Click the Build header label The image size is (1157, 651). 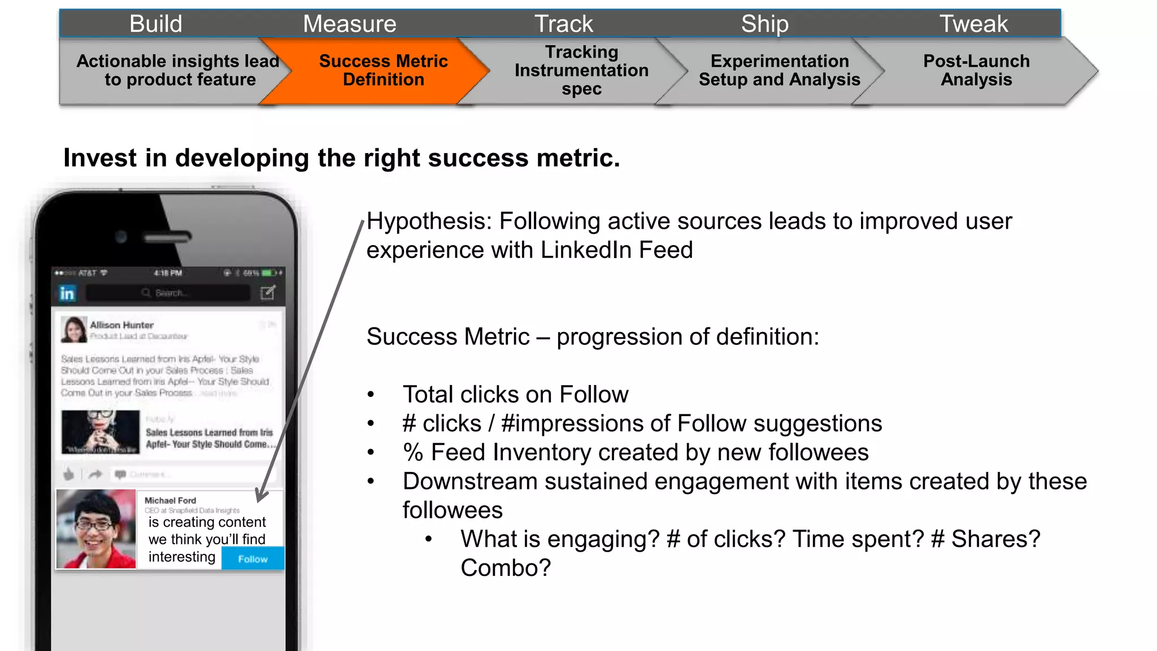156,24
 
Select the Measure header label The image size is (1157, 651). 349,24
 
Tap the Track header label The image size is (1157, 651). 564,24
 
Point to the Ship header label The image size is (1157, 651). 764,24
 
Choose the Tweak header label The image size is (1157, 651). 973,24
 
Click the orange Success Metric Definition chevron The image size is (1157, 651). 383,71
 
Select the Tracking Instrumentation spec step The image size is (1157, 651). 581,71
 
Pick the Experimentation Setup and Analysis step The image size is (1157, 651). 779,71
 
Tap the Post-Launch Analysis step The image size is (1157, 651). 976,71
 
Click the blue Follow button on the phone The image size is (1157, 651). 253,559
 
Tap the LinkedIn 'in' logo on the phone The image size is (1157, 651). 67,293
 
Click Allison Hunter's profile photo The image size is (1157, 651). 74,330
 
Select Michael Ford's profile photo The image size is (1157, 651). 96,528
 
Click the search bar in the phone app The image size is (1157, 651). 168,293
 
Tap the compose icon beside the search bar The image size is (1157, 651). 268,292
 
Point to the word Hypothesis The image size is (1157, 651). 429,221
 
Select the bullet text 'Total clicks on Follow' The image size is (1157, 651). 515,395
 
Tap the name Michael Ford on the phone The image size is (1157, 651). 170,500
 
